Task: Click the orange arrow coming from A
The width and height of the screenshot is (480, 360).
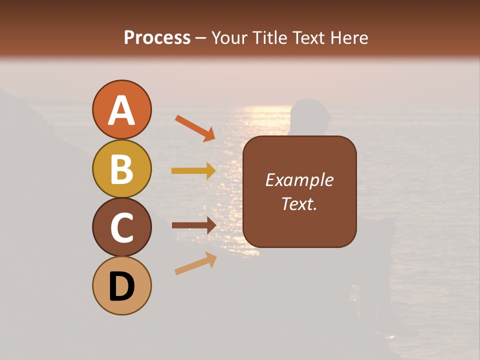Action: click(x=194, y=127)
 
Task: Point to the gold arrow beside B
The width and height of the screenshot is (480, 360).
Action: click(x=193, y=170)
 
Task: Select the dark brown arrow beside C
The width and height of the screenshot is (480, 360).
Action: click(x=193, y=225)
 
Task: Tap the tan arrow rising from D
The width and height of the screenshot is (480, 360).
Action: click(x=195, y=263)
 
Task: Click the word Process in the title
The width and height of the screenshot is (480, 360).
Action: click(x=157, y=37)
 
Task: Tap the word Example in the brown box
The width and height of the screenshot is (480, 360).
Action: click(x=299, y=180)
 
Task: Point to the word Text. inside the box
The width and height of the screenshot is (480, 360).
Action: click(x=299, y=203)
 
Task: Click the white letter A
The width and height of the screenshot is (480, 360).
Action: click(x=121, y=111)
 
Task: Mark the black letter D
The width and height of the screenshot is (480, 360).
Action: click(x=121, y=286)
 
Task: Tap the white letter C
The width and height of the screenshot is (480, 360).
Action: click(x=121, y=228)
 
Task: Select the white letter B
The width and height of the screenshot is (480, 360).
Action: click(x=121, y=169)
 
